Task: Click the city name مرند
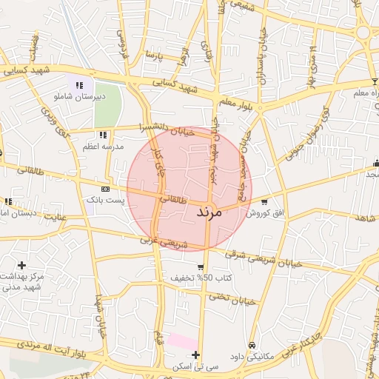221,212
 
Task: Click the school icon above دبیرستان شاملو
79,86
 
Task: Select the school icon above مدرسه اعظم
103,135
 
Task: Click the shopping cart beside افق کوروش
264,201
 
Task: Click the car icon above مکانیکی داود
252,346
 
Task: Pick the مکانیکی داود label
252,356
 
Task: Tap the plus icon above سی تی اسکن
195,356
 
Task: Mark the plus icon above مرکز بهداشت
21,265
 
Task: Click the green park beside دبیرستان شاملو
107,104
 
